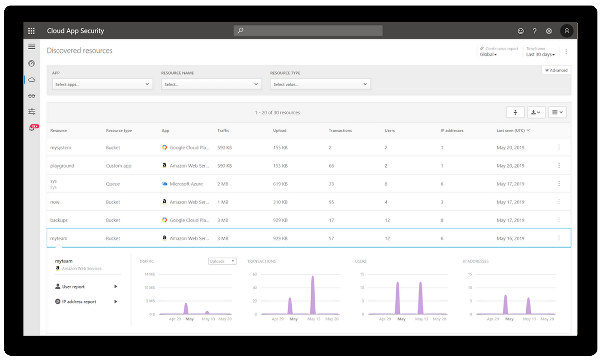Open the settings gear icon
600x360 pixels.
coord(549,31)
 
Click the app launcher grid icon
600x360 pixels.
coord(31,31)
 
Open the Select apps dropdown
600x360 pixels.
coord(102,84)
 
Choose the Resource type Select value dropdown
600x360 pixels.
coord(320,84)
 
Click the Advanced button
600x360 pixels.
coord(556,70)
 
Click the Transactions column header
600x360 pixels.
coord(340,130)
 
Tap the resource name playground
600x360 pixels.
coord(62,166)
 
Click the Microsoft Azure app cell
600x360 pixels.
coord(186,184)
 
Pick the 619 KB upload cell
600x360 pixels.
coord(280,184)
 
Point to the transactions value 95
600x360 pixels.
coord(331,202)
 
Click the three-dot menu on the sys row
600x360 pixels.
coord(559,183)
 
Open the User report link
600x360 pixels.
coord(73,287)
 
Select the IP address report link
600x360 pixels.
coord(79,302)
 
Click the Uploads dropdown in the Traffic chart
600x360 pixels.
coord(222,261)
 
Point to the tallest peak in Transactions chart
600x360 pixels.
coord(312,278)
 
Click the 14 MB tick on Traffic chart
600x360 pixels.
coord(149,274)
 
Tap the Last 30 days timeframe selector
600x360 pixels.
coord(540,54)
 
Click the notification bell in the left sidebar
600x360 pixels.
coord(32,128)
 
